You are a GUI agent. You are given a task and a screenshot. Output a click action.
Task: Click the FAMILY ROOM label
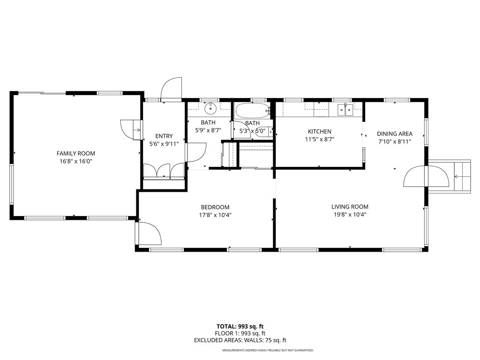coord(75,153)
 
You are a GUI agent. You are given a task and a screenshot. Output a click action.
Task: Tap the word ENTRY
coord(164,136)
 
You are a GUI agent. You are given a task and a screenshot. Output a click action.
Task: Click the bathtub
coord(252,111)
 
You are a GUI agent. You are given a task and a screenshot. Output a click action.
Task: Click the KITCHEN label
coord(319,132)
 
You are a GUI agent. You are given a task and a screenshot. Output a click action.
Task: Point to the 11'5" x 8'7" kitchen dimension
coord(319,139)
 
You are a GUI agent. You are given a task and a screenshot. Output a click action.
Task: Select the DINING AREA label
coord(395,134)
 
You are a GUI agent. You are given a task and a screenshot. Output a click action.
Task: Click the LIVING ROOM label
coord(350,207)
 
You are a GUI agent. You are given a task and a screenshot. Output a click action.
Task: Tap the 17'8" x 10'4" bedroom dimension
coord(215,215)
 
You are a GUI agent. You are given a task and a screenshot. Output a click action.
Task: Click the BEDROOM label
coord(215,207)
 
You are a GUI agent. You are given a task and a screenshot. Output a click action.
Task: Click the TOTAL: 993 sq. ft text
coord(243,326)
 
